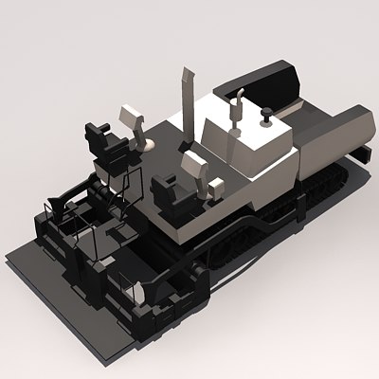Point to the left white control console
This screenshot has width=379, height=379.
131,120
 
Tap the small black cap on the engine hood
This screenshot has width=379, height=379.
266,118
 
